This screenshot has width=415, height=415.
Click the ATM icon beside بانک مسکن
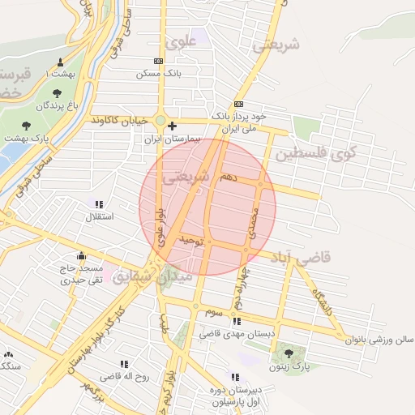[158, 62]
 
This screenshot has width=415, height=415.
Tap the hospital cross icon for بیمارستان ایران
[172, 125]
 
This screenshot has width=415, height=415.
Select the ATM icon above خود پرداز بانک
[238, 105]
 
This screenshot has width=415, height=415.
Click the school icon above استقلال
[99, 205]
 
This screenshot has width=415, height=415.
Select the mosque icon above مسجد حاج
[80, 255]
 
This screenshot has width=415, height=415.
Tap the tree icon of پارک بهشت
[27, 126]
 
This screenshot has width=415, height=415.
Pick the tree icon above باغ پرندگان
[56, 93]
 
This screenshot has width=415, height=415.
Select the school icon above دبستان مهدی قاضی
[236, 321]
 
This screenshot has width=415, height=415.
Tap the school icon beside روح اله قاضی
[124, 364]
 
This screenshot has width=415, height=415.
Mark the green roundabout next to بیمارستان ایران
[160, 122]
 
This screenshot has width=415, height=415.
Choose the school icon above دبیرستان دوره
[235, 377]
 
